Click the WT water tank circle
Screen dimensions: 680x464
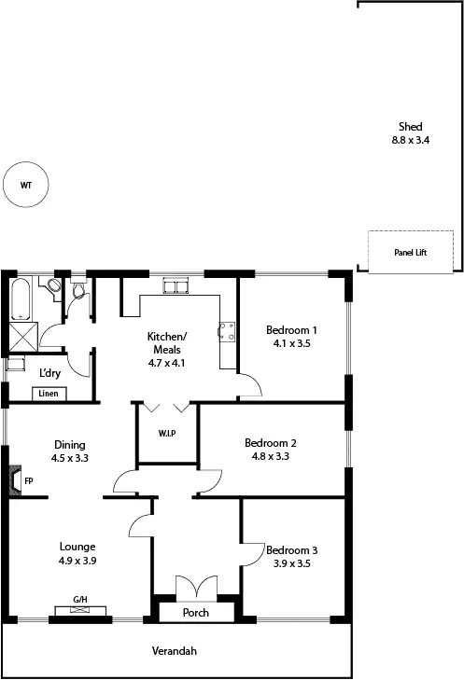pyautogui.click(x=25, y=185)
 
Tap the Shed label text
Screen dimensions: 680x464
pyautogui.click(x=411, y=127)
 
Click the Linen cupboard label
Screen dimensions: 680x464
pyautogui.click(x=49, y=394)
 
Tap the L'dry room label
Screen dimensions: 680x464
pyautogui.click(x=49, y=372)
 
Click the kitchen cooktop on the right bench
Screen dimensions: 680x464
pyautogui.click(x=226, y=329)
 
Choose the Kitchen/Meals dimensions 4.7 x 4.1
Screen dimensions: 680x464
pyautogui.click(x=168, y=363)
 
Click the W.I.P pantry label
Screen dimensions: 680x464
pyautogui.click(x=167, y=434)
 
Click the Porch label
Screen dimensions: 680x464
pyautogui.click(x=195, y=613)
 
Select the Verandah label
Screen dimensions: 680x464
pyautogui.click(x=176, y=651)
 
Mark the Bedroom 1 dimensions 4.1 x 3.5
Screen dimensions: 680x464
pyautogui.click(x=291, y=343)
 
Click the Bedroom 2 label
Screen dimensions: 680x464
pyautogui.click(x=271, y=443)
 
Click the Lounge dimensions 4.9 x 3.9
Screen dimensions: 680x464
pyautogui.click(x=77, y=561)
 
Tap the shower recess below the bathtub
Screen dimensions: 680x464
pyautogui.click(x=20, y=338)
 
